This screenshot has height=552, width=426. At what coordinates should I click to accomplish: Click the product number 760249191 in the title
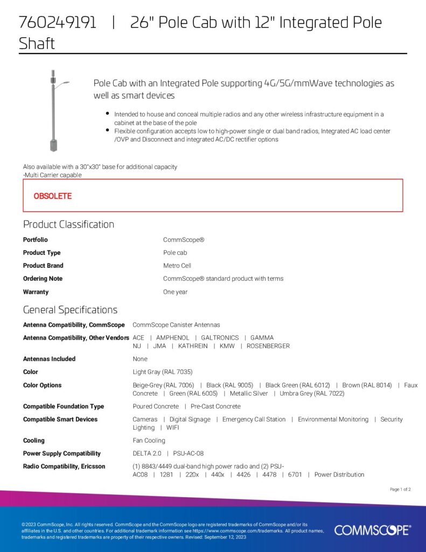pos(58,23)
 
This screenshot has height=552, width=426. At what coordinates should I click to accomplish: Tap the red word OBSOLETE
pos(53,196)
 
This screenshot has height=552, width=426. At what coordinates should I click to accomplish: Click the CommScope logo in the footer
pos(372,530)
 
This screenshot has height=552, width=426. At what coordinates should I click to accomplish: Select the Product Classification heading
pos(68,224)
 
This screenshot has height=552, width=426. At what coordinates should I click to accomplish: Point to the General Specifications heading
pos(70,310)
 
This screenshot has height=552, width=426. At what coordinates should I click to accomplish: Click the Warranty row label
pos(36,292)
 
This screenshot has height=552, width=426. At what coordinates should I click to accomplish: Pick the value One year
pos(176,292)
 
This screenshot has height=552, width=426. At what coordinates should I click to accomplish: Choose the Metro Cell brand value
pos(177,266)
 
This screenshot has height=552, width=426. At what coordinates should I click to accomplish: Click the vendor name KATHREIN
pos(193,346)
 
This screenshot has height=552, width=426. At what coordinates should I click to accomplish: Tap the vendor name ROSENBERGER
pos(268,346)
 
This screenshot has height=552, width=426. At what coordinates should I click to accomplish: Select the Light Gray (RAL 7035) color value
pos(163,372)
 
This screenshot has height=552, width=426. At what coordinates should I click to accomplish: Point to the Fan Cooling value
pos(149,440)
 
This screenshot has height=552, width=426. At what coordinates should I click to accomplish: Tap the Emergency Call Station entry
pos(254,419)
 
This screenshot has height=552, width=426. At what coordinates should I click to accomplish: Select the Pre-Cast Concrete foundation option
pos(215,406)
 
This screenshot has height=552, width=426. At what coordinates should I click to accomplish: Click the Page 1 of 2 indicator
pos(400,489)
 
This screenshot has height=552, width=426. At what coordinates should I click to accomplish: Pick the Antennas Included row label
pos(49,359)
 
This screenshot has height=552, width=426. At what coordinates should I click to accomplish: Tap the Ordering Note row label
pos(43,279)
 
